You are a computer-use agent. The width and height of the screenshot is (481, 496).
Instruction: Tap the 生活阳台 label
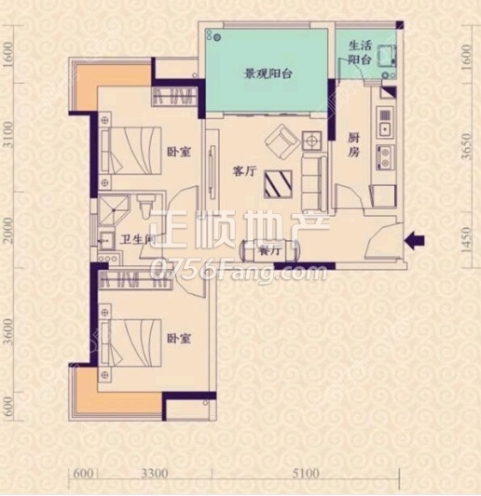360,52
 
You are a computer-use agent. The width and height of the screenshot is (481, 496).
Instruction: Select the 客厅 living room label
245,171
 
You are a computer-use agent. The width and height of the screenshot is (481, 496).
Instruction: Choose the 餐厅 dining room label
269,251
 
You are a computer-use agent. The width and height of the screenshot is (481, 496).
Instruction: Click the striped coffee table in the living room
278,184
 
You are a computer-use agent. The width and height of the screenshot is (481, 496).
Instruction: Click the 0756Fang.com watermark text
237,272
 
